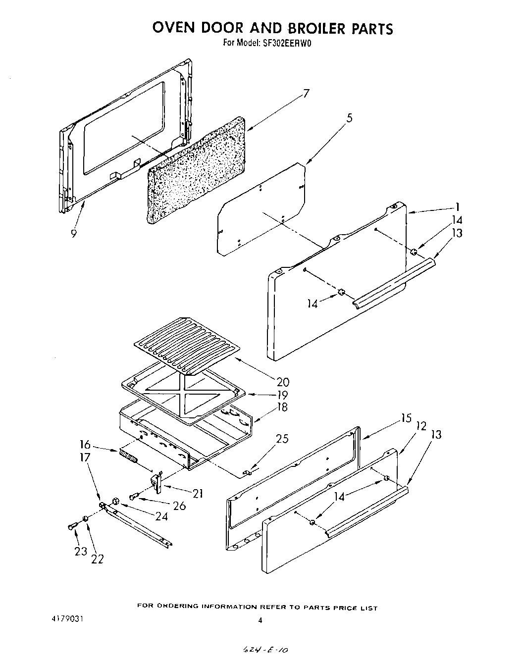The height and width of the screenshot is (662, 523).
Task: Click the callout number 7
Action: click(x=307, y=94)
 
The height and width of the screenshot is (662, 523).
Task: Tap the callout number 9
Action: click(x=73, y=234)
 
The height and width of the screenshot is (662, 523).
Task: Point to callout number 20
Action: click(x=283, y=382)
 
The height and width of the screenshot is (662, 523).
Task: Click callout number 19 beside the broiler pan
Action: click(x=282, y=395)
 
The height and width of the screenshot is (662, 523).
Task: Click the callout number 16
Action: click(x=86, y=444)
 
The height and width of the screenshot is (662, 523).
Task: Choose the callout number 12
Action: click(x=421, y=426)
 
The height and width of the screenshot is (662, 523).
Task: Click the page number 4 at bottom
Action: click(x=260, y=619)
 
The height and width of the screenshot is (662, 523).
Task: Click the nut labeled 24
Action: click(x=115, y=501)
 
